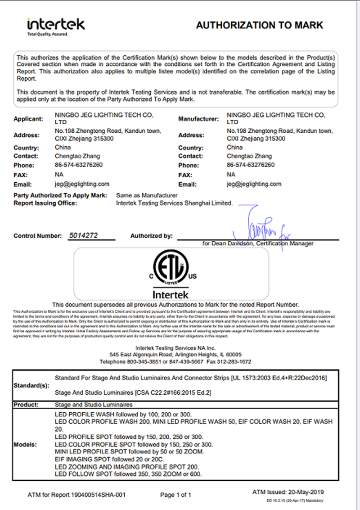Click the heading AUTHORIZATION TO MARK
coord(259,25)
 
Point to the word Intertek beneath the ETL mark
coord(171,294)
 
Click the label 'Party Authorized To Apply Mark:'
coord(60,195)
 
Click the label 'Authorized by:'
coord(151,235)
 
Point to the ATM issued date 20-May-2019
coord(305,492)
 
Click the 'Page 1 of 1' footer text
coord(175,495)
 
